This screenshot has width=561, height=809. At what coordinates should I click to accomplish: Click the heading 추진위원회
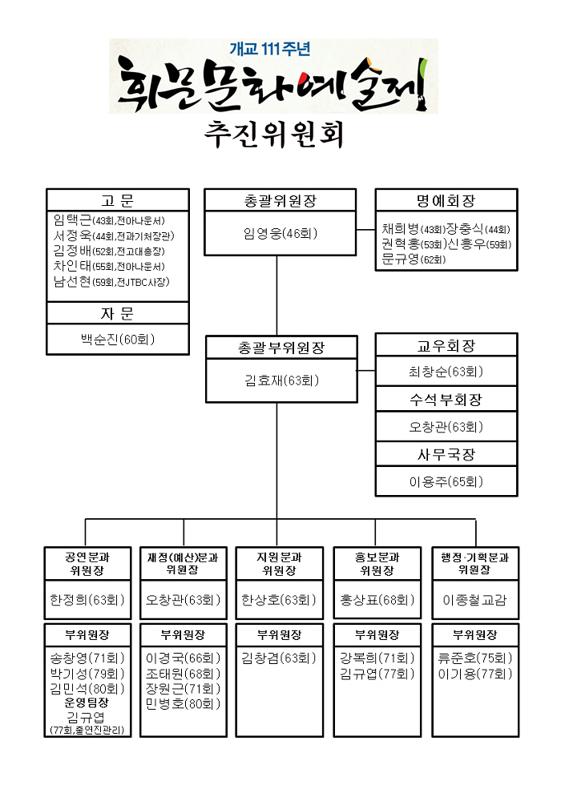pos(274,135)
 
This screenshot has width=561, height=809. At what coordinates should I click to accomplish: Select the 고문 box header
pos(117,199)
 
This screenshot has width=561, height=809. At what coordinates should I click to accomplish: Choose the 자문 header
pos(117,313)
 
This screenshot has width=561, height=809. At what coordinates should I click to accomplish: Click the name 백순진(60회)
pos(117,340)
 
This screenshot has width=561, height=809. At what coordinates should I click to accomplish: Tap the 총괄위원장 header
pos(276,200)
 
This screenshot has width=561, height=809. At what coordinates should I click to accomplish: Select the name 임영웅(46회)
pos(276,234)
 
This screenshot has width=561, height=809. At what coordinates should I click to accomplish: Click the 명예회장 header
pos(446,200)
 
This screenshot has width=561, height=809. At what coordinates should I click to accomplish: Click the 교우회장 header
pos(446,346)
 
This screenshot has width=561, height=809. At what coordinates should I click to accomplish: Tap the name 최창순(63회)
pos(446,372)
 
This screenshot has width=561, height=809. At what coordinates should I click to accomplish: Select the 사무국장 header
pos(446,454)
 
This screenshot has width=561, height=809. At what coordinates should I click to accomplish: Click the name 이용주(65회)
pos(446,481)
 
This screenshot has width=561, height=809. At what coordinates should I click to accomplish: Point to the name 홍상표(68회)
pos(377,599)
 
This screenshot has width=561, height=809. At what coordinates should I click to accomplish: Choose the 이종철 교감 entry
pos(474,599)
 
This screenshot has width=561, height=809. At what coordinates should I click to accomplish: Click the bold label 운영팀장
pos(87,702)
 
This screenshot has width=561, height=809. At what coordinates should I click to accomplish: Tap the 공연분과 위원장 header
pos(87,563)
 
